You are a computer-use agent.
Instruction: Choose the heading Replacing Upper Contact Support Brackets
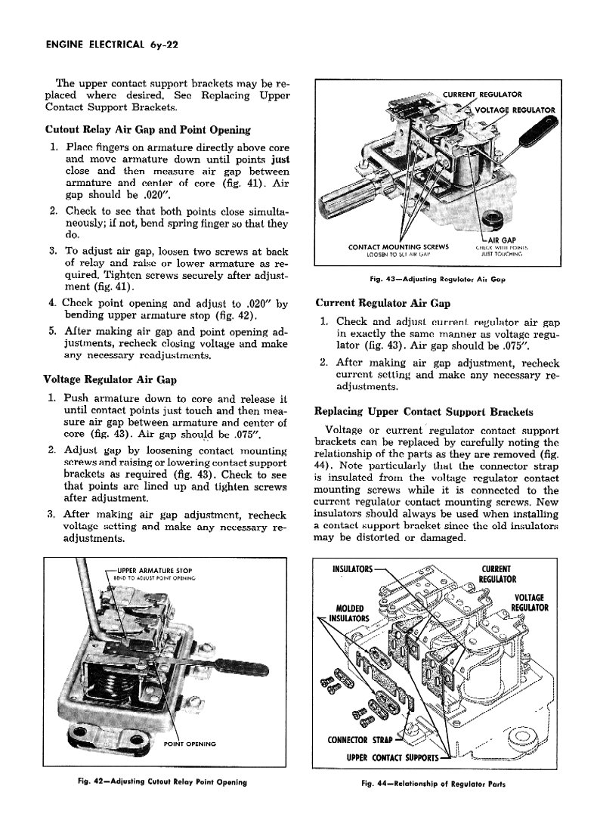(423, 412)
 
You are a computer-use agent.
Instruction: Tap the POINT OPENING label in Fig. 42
(190, 744)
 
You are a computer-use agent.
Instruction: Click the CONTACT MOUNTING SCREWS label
(398, 246)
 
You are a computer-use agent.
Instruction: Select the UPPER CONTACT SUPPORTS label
(391, 757)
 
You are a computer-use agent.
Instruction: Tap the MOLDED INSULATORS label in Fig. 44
(348, 613)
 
